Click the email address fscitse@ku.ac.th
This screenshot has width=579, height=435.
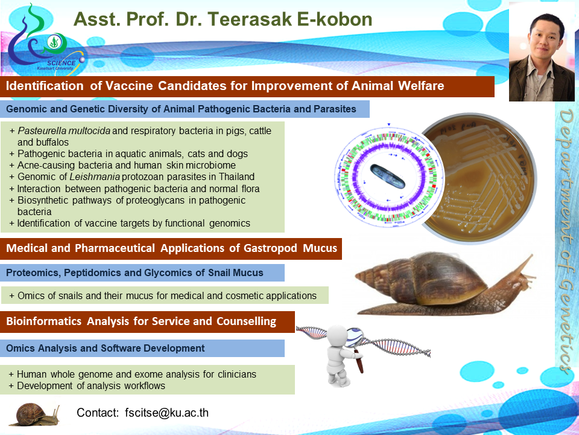[x=166, y=413]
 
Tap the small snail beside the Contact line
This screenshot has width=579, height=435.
[x=34, y=414]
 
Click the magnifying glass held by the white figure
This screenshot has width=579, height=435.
[x=356, y=346]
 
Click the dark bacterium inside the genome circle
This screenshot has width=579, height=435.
[x=388, y=176]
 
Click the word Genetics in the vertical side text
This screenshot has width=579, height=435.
[x=566, y=325]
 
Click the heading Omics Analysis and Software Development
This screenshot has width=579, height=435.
[x=105, y=348]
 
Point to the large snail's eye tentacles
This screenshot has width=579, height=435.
[x=524, y=266]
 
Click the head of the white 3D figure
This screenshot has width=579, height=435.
[x=337, y=337]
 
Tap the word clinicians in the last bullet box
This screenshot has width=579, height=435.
[x=236, y=374]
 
